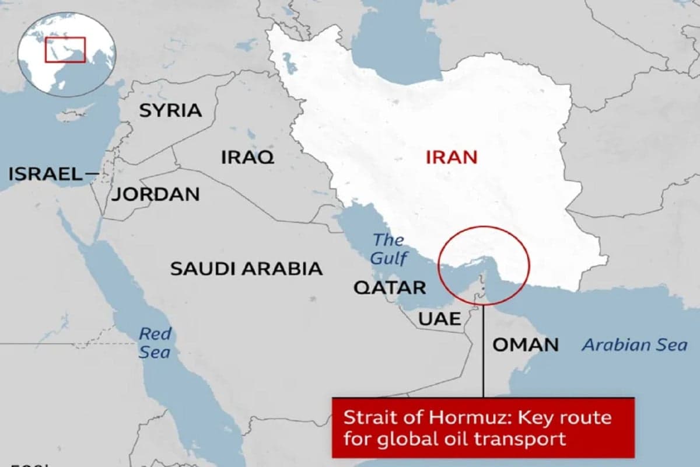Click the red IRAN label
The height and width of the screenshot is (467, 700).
point(452,156)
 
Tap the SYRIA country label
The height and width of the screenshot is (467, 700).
point(170,110)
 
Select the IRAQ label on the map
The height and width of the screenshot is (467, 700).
point(247,156)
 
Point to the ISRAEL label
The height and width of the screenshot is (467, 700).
point(45,173)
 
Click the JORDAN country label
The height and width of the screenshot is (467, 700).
point(156,194)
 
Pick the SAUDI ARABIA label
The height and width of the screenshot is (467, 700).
point(246,269)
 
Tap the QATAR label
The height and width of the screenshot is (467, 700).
point(390,287)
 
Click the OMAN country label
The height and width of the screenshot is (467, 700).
point(526,344)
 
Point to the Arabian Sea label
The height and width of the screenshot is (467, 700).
point(635,345)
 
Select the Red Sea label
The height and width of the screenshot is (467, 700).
point(155,343)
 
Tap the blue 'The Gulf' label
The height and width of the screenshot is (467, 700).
point(389,249)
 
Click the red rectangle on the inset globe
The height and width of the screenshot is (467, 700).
point(65,50)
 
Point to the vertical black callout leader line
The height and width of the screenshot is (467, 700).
point(484,350)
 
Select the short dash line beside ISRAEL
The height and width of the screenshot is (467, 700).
point(90,173)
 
